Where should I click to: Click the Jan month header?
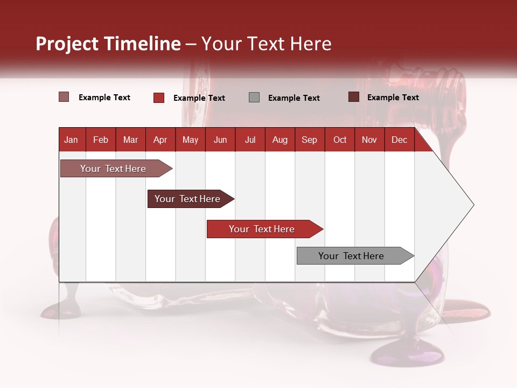pyautogui.click(x=71, y=140)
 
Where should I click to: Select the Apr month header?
pyautogui.click(x=160, y=140)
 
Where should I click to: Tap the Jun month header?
pyautogui.click(x=220, y=140)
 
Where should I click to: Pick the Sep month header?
pyautogui.click(x=309, y=140)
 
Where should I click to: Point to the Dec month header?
pyautogui.click(x=399, y=140)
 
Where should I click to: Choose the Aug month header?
pyautogui.click(x=280, y=140)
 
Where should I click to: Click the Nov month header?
pyautogui.click(x=369, y=140)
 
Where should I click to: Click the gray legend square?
pyautogui.click(x=254, y=98)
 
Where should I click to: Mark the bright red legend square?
pyautogui.click(x=159, y=98)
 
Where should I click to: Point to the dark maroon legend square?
pyautogui.click(x=354, y=97)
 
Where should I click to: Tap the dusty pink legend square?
pyautogui.click(x=64, y=97)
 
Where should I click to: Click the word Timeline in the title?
pyautogui.click(x=142, y=44)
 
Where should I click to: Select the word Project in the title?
pyautogui.click(x=67, y=44)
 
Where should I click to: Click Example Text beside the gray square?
pyautogui.click(x=294, y=98)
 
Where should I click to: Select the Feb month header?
pyautogui.click(x=101, y=140)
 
